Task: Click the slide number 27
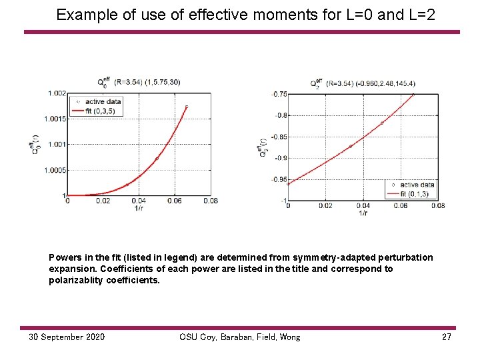[x=447, y=337]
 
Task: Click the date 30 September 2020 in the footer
[x=67, y=337]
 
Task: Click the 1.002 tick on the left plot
[x=57, y=93]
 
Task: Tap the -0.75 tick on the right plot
[x=279, y=94]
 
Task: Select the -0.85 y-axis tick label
[x=279, y=137]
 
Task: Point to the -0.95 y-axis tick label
[x=279, y=179]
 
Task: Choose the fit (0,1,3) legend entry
[x=417, y=193]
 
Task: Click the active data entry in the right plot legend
[x=417, y=185]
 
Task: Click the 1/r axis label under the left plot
[x=139, y=207]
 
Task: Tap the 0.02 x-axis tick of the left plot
[x=103, y=201]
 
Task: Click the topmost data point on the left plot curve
[x=187, y=106]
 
